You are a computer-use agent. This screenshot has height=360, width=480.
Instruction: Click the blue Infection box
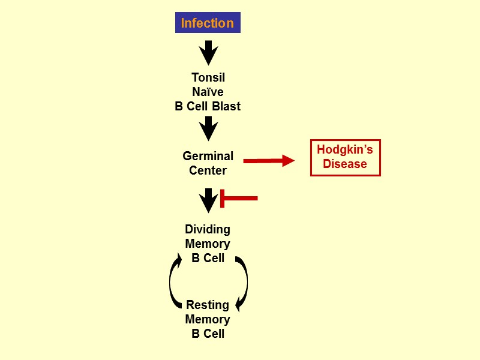[x=208, y=23]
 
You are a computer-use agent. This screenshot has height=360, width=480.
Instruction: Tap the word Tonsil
[x=208, y=77]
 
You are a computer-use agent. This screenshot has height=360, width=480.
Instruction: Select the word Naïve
[x=208, y=92]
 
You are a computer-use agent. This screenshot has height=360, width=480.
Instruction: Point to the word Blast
[x=226, y=106]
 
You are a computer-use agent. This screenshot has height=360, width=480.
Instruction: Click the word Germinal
[x=208, y=156]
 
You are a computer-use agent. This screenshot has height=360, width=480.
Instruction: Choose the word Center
[x=208, y=170]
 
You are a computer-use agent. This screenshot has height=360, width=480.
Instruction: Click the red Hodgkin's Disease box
[x=345, y=157]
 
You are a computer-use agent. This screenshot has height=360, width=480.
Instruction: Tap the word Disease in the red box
[x=345, y=164]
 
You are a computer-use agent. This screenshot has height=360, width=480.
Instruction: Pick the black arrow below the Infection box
[x=208, y=53]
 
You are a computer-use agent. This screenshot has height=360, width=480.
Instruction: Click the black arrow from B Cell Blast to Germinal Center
[x=208, y=128]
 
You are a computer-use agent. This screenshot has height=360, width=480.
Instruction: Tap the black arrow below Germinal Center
[x=208, y=200]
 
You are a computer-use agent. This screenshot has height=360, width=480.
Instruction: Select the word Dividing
[x=208, y=229]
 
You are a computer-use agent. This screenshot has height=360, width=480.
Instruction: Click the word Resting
[x=208, y=305]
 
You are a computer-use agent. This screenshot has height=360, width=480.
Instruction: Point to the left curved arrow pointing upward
[x=175, y=281]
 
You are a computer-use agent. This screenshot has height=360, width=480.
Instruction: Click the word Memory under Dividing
[x=208, y=244]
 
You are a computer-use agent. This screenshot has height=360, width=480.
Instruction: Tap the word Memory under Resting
[x=208, y=319]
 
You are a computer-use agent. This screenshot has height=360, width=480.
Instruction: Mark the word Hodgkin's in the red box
[x=345, y=149]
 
